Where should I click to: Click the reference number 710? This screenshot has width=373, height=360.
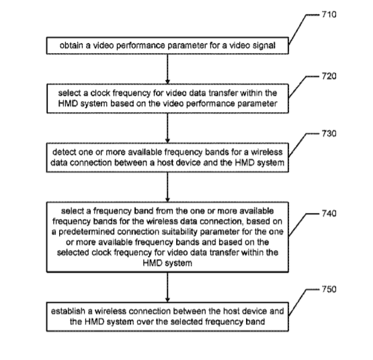(329, 15)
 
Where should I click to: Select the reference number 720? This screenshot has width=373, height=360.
(329, 77)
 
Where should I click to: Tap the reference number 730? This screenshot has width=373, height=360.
(329, 134)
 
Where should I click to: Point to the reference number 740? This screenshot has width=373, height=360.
(329, 214)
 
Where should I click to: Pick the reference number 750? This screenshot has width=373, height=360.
(329, 289)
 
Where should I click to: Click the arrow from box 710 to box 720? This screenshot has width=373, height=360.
(167, 69)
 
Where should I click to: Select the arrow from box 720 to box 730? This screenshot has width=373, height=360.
(167, 128)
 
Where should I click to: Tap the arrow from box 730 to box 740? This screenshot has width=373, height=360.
(167, 187)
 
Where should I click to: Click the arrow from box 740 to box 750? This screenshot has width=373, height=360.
(167, 287)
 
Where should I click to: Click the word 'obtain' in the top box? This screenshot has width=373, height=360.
(71, 45)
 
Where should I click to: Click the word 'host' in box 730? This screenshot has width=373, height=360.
(165, 163)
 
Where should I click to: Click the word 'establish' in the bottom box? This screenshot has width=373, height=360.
(68, 311)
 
